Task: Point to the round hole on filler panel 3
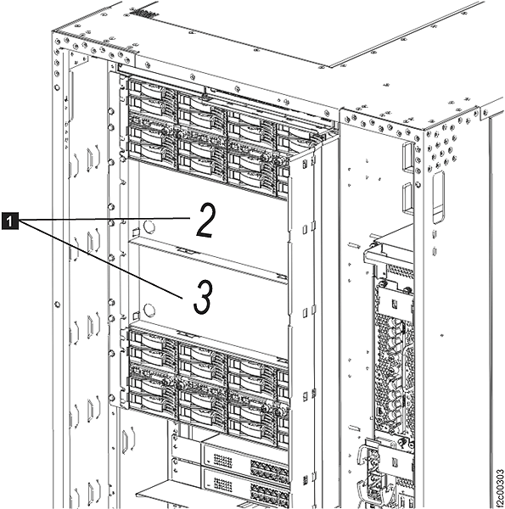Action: coord(149,310)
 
